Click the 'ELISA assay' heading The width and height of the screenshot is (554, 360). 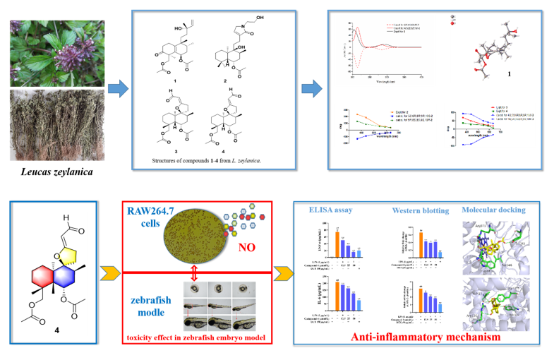tap(333, 210)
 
